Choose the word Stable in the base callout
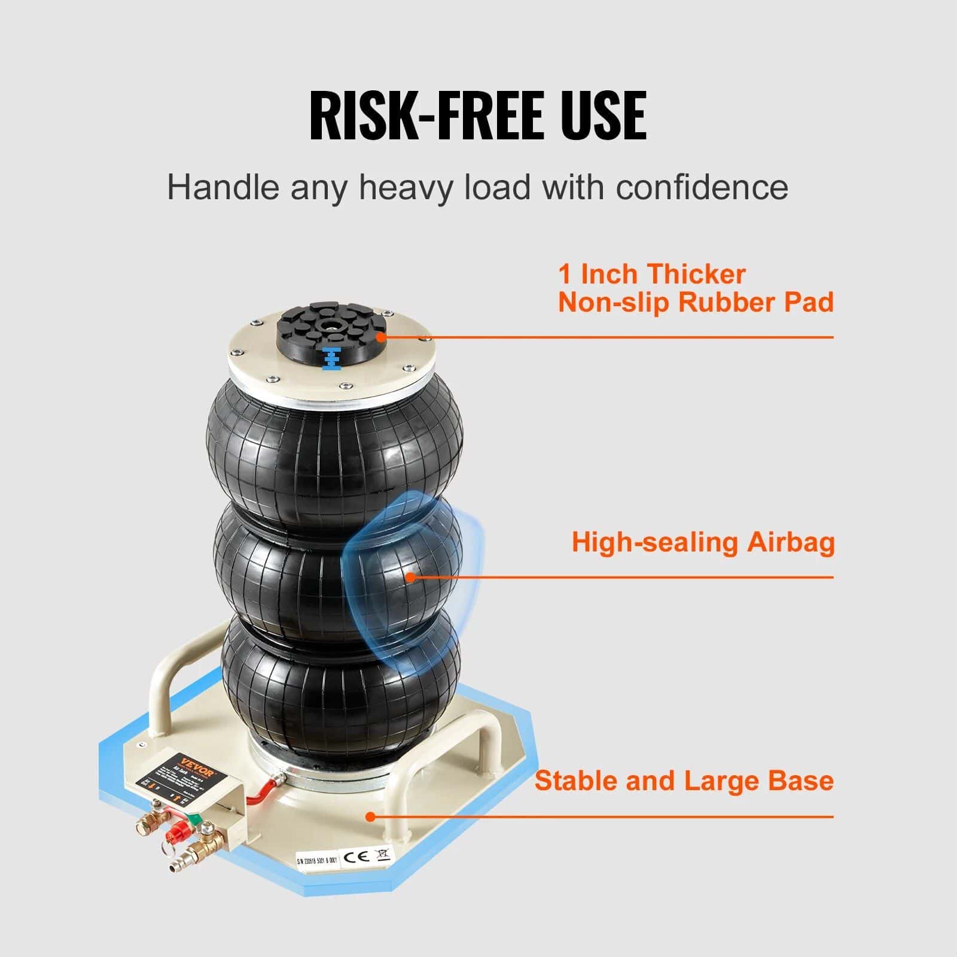coord(574,781)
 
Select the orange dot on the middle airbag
coord(410,577)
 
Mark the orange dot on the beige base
coord(371,816)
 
